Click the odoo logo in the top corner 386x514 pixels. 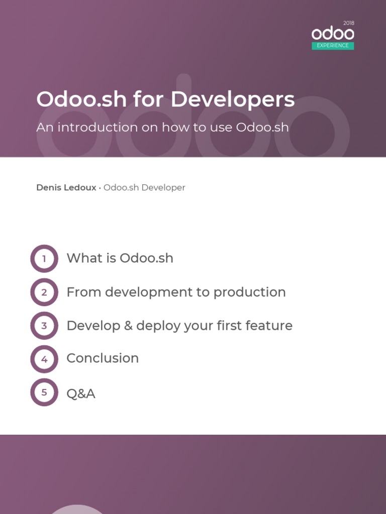point(333,34)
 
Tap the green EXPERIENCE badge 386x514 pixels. point(333,46)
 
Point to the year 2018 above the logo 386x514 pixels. point(349,23)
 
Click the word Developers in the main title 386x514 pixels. point(233,99)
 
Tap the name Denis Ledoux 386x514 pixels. point(66,188)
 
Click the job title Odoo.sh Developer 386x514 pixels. point(144,188)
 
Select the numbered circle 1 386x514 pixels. point(44,259)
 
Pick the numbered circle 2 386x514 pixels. point(44,292)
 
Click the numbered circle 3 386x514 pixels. point(44,326)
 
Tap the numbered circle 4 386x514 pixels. point(44,359)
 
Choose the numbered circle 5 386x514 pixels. point(44,393)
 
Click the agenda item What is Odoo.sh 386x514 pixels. point(120,259)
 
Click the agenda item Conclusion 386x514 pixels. point(103,358)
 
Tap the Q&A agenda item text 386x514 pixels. point(81,394)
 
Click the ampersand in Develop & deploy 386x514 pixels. point(128,326)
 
